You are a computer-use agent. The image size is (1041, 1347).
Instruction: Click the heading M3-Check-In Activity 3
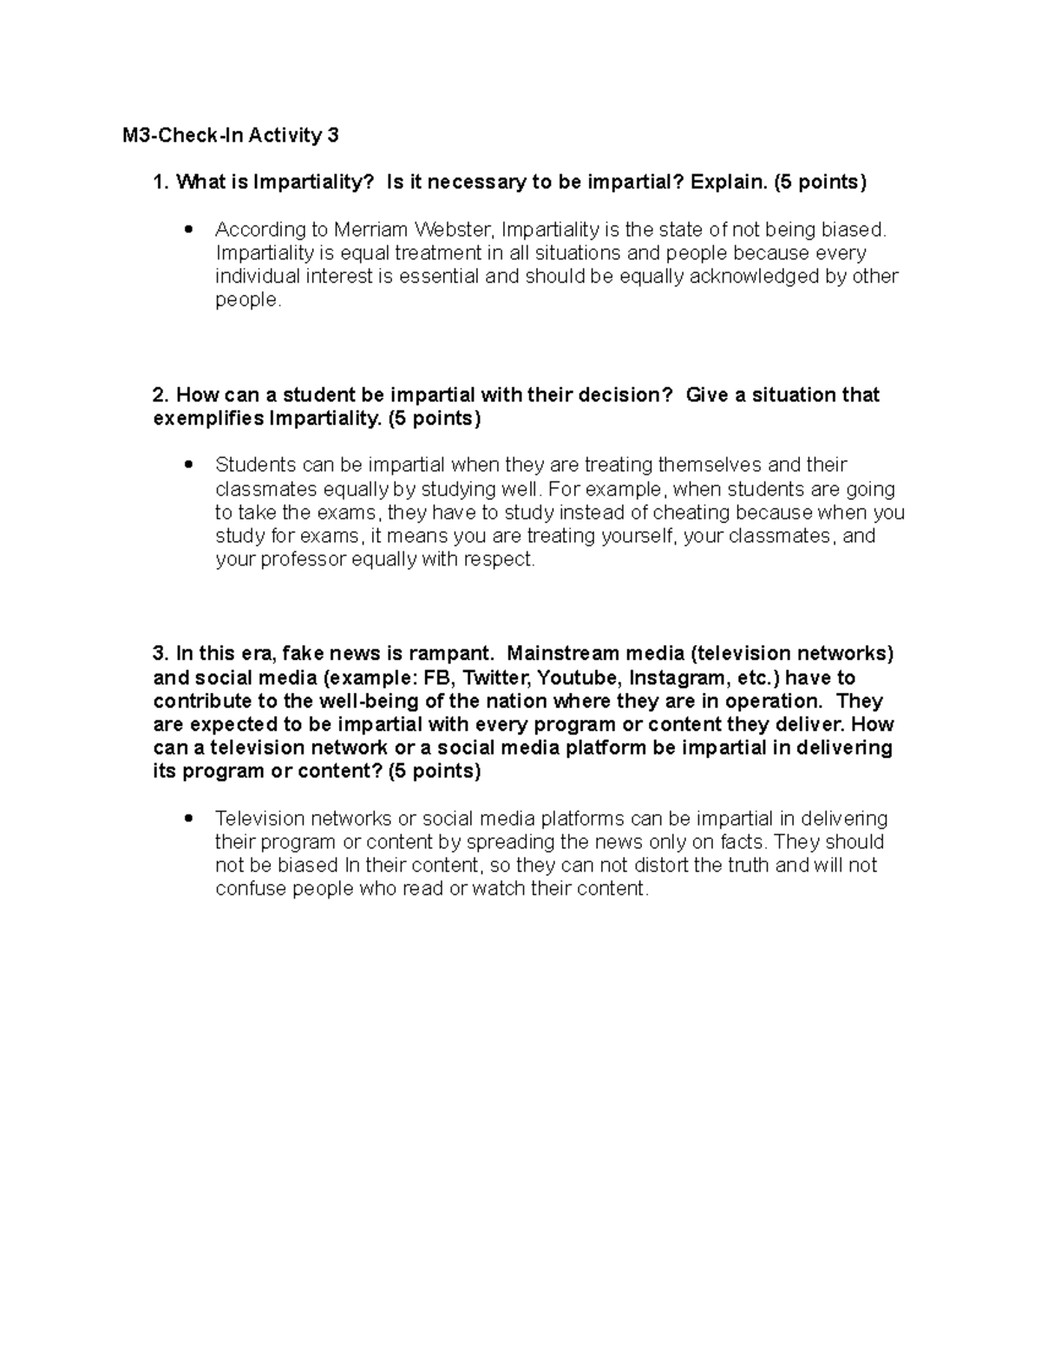point(230,135)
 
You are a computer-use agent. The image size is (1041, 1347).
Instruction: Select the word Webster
point(453,230)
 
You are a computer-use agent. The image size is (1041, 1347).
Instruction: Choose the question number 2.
point(160,396)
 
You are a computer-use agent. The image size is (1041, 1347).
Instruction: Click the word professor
point(302,559)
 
